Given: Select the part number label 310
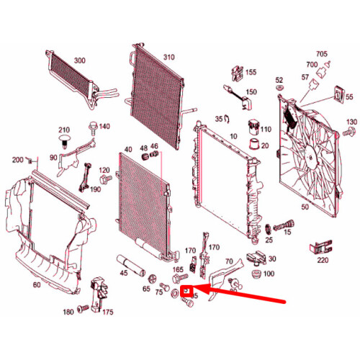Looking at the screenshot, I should pos(168,58).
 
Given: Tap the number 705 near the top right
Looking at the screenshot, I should pos(321,53).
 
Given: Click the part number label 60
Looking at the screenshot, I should pos(37,284).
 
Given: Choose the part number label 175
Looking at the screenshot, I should pos(108,312).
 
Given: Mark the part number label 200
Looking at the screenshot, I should pos(18,159).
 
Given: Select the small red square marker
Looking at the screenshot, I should pos(185,291).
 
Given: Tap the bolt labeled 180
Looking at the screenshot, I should pos(84,309).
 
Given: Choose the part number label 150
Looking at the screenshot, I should pos(251,92).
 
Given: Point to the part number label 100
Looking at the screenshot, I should pos(269,274).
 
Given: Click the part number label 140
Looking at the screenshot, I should pos(104,127).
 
